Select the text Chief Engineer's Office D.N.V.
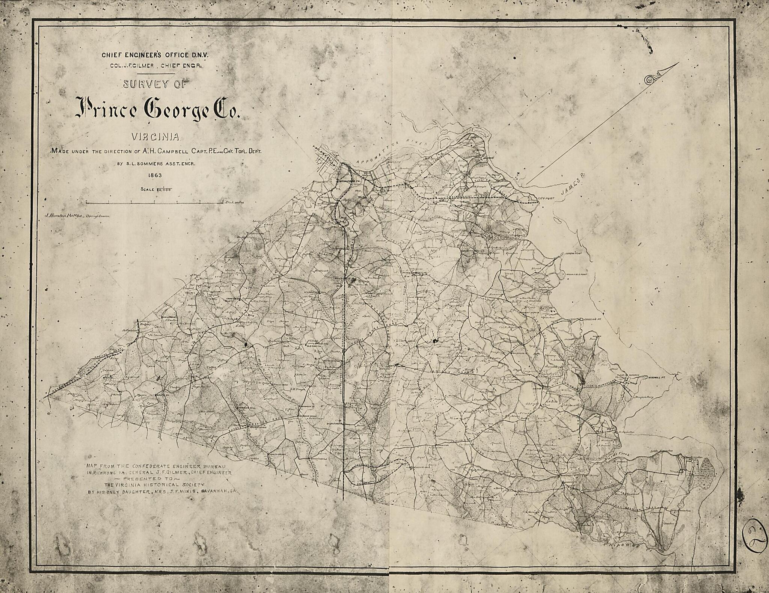coord(155,55)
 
